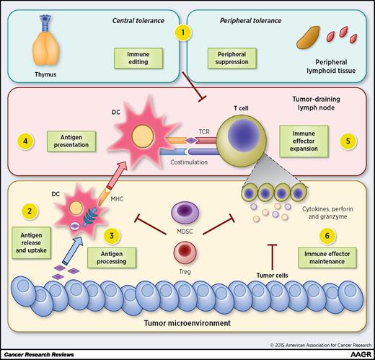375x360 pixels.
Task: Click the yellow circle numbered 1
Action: [x=186, y=33]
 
